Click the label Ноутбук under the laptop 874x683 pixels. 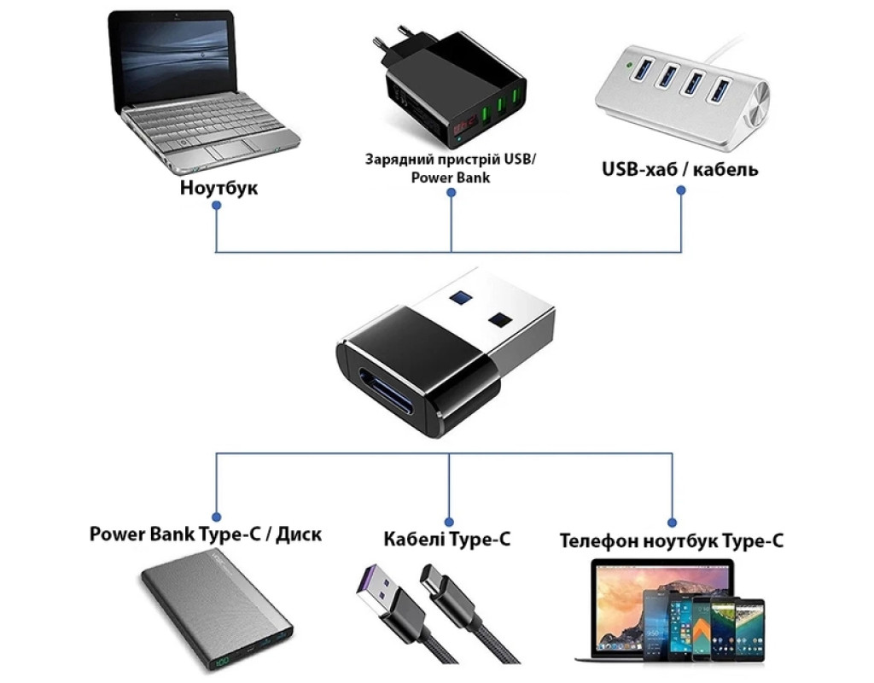pyautogui.click(x=218, y=187)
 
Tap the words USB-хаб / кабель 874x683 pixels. pyautogui.click(x=679, y=169)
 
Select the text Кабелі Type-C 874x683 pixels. pyautogui.click(x=447, y=539)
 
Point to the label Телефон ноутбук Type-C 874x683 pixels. pyautogui.click(x=672, y=540)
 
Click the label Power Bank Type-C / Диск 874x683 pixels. pyautogui.click(x=206, y=535)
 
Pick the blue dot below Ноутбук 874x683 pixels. pyautogui.click(x=217, y=207)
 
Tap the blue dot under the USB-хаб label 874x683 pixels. pyautogui.click(x=681, y=190)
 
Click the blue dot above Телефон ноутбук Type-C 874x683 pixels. pyautogui.click(x=672, y=520)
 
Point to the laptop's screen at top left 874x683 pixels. pyautogui.click(x=174, y=59)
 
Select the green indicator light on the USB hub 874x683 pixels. pyautogui.click(x=630, y=62)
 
